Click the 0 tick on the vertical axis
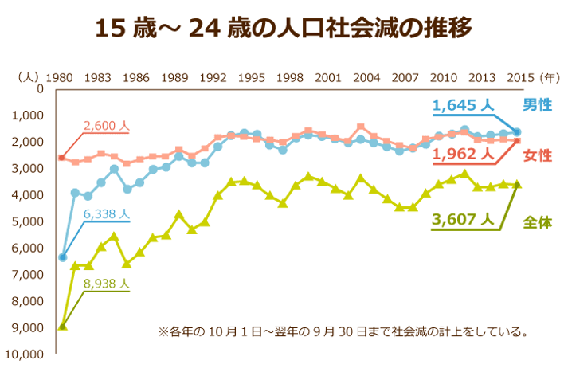(x=39, y=88)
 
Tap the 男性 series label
(x=538, y=104)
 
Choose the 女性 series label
(x=538, y=156)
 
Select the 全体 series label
(x=538, y=223)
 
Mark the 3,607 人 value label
(x=464, y=217)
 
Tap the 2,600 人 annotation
(x=106, y=125)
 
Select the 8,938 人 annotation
(x=106, y=282)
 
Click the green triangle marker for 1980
(x=62, y=326)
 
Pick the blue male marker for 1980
(x=62, y=257)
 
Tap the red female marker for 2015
(x=517, y=141)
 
